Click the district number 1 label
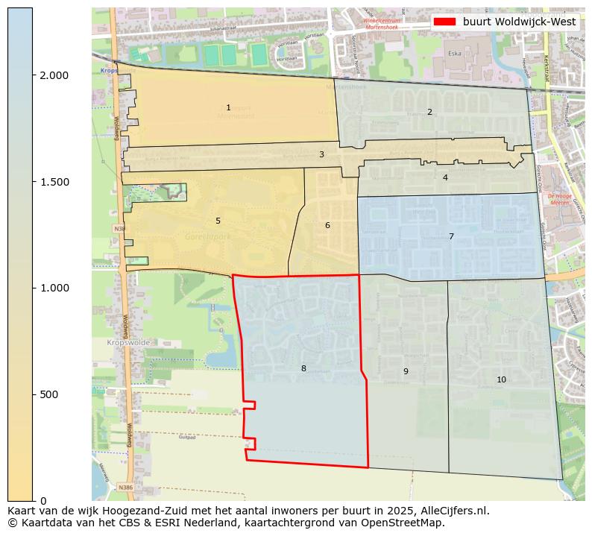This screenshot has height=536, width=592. [x=228, y=108]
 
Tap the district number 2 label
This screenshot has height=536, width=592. [x=429, y=113]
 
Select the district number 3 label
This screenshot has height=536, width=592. [x=321, y=155]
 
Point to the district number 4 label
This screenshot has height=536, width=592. [x=445, y=178]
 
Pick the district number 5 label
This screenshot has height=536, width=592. [x=218, y=221]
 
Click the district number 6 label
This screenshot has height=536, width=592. [x=327, y=226]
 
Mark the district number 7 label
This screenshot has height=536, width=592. [x=451, y=237]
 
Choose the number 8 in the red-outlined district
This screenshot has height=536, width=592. [x=303, y=369]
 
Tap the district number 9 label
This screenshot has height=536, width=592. [x=406, y=372]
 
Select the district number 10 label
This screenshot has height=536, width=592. [x=501, y=380]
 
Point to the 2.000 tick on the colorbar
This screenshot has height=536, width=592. [x=54, y=75]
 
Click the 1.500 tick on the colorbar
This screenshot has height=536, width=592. [x=54, y=182]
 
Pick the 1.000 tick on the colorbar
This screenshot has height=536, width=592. [x=54, y=288]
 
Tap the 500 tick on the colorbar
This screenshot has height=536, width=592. [x=49, y=394]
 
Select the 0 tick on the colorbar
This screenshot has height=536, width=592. [x=43, y=500]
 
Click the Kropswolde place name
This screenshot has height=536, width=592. [x=128, y=342]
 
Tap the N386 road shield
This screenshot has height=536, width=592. [x=125, y=487]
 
